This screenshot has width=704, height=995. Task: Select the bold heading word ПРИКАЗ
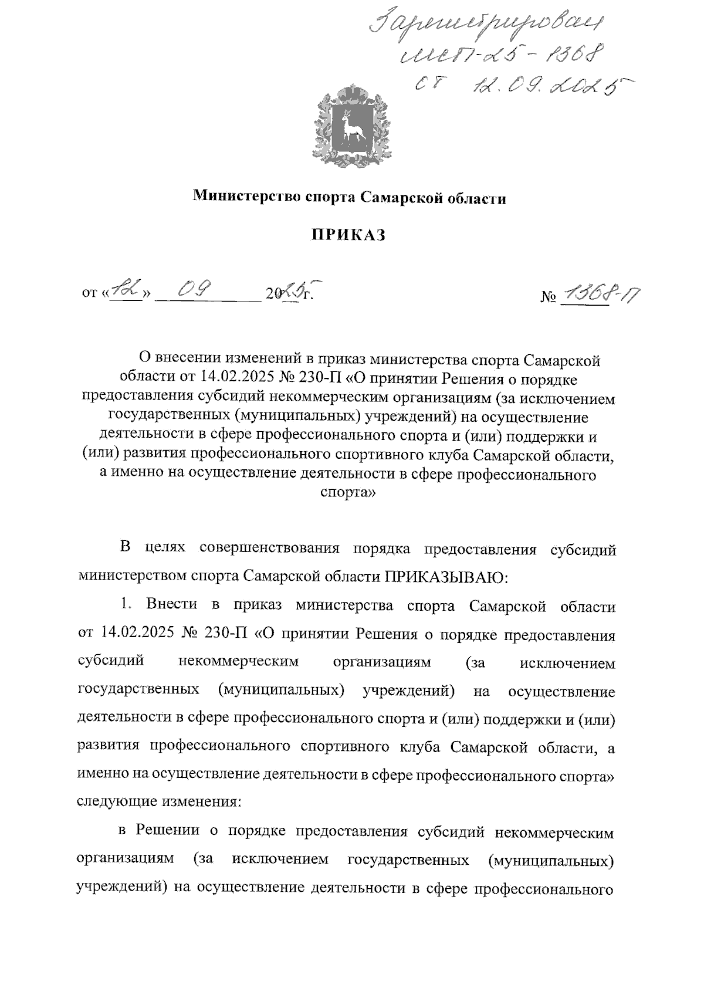[350, 236]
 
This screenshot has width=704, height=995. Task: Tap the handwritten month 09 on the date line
[195, 288]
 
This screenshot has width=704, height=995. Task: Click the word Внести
[171, 605]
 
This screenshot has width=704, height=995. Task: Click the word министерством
[133, 577]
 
